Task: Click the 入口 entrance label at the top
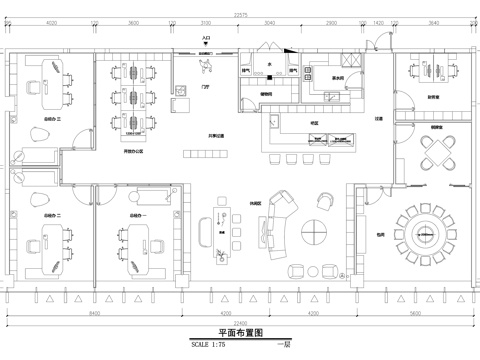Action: (x=206, y=39)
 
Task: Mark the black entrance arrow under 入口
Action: (x=206, y=49)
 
